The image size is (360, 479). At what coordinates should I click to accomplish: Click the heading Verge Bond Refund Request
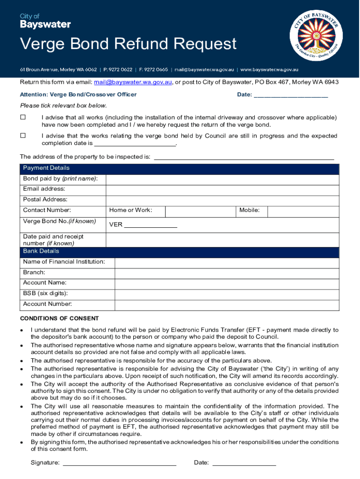coord(128,44)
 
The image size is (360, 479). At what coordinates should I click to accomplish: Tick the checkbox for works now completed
coord(22,117)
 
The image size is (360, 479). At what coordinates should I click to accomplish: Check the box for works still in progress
coord(22,136)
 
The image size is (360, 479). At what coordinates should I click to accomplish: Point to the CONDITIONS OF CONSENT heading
coord(59,319)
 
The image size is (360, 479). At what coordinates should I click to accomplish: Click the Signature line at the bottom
coord(119,463)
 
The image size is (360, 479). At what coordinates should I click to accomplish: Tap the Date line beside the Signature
coord(244,463)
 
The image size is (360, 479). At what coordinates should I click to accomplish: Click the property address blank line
coord(244,157)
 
